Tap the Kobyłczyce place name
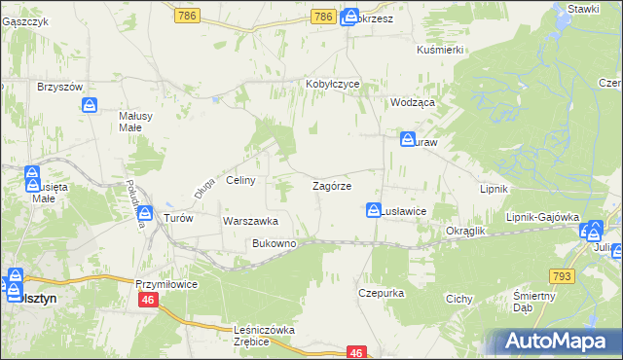coord(333,85)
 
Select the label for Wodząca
coord(412,101)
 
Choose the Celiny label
coord(240,180)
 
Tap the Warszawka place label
coord(251,221)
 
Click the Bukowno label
coord(274,243)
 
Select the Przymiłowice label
coord(166,283)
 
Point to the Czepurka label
coord(381,292)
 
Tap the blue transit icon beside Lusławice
coord(374,209)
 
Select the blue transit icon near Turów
coord(145,214)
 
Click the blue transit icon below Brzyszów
coord(90,104)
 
